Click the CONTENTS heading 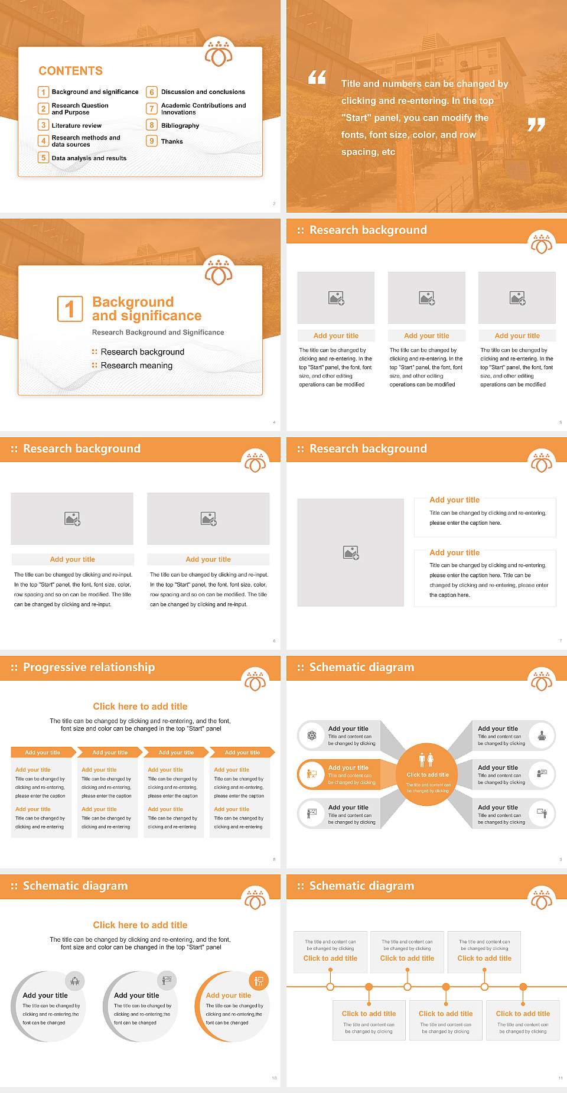tap(71, 71)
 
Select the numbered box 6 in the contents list tap(152, 92)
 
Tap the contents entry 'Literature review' tap(76, 125)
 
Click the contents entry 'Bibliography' tap(180, 125)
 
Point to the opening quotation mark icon tap(317, 77)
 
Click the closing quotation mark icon tap(536, 124)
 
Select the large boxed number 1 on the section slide tap(70, 308)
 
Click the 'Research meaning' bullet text tap(136, 365)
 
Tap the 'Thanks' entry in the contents tap(172, 141)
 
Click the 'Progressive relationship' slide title tap(89, 667)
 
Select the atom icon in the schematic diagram tap(312, 736)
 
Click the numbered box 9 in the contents tap(152, 141)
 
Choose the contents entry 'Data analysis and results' tap(89, 158)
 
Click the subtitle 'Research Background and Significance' tap(158, 333)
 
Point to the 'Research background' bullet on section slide tap(142, 352)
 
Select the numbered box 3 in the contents tap(43, 125)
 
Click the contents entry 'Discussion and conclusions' tap(203, 92)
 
